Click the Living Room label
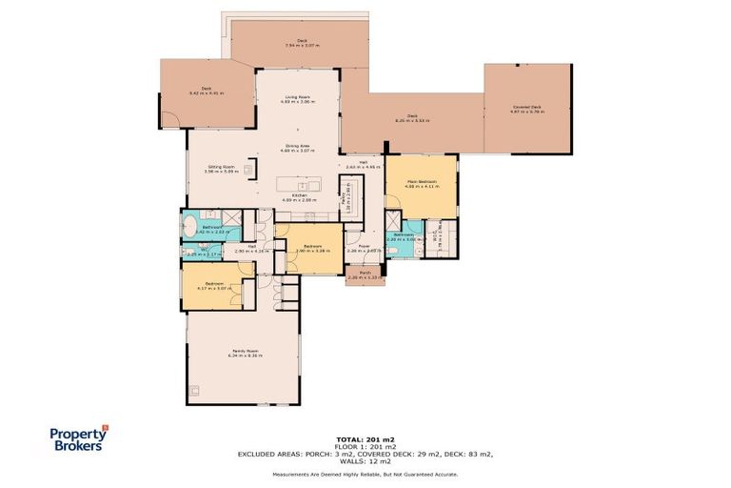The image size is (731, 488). pos(298,98)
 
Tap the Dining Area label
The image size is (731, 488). pos(298,148)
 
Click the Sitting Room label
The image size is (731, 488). pos(221,169)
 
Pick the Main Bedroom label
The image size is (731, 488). pos(421,183)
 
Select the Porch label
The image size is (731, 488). pos(365,274)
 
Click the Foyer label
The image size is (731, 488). pos(364,248)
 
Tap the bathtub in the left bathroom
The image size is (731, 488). pos(188,229)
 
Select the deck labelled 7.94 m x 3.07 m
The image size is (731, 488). pos(302,43)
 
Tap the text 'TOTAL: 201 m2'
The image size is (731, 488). pos(365,439)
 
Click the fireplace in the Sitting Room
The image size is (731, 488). pos(249,170)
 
